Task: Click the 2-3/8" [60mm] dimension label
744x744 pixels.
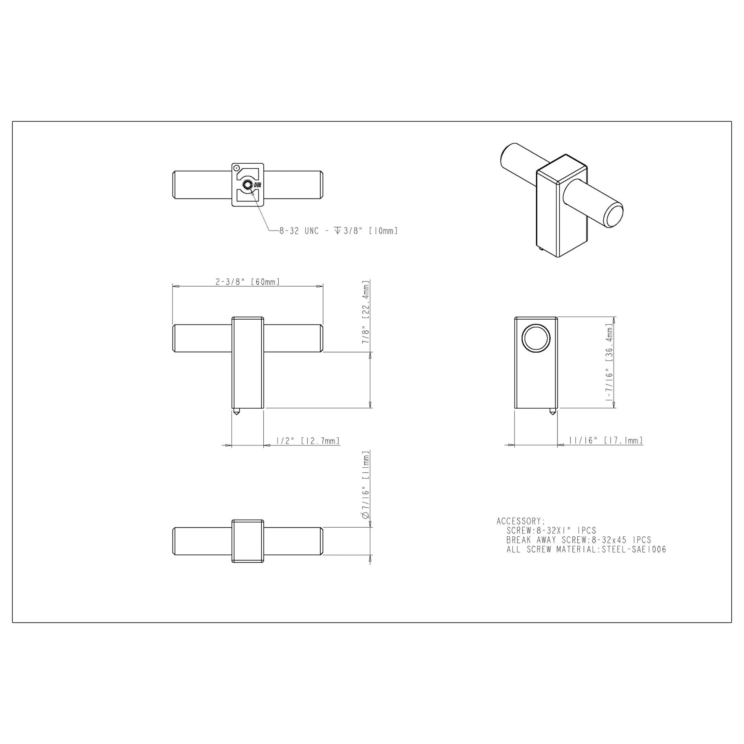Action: point(248,281)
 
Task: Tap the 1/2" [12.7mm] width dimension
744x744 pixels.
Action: point(308,440)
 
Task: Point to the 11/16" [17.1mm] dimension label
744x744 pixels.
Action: point(606,440)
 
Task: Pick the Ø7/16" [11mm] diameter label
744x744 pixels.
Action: point(366,486)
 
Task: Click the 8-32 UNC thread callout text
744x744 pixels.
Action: point(338,231)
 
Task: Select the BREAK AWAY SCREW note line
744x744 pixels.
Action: point(579,540)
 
